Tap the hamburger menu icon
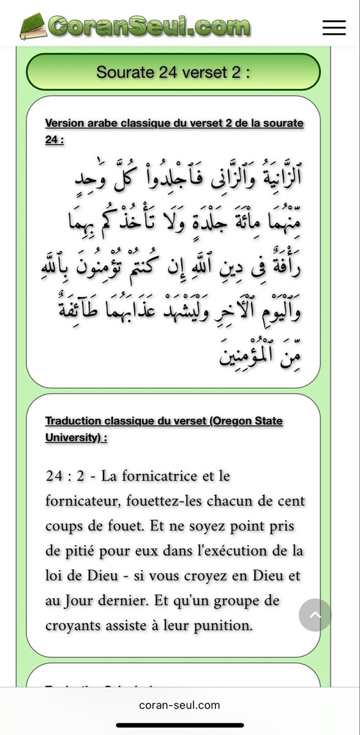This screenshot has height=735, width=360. (334, 27)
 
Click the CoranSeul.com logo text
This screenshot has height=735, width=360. (149, 26)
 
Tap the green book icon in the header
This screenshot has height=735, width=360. (34, 26)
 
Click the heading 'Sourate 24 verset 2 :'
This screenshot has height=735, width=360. (173, 72)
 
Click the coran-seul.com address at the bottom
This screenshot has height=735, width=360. (179, 705)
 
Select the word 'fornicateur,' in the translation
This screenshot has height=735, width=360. (83, 500)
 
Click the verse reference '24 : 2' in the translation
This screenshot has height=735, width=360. (67, 475)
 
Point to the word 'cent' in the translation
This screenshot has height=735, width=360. (291, 500)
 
